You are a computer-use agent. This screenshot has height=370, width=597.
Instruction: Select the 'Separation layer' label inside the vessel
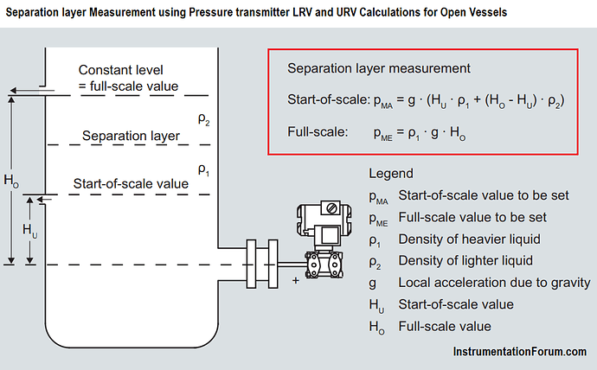[131, 136]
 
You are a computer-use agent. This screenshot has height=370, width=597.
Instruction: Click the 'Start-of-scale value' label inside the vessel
[131, 183]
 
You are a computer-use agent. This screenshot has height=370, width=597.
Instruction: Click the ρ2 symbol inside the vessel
[203, 122]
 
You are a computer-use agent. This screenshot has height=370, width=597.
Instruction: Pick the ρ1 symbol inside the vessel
[203, 169]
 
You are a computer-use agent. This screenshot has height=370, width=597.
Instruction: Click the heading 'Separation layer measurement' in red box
[378, 67]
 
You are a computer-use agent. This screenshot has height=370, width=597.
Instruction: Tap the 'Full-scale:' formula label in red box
[317, 133]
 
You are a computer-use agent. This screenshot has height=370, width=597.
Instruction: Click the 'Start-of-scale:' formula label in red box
[328, 99]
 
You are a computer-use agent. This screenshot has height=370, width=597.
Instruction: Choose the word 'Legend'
[391, 173]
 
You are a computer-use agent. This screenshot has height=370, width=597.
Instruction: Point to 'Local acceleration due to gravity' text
[494, 282]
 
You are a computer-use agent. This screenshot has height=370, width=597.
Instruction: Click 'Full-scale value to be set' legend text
[472, 217]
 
